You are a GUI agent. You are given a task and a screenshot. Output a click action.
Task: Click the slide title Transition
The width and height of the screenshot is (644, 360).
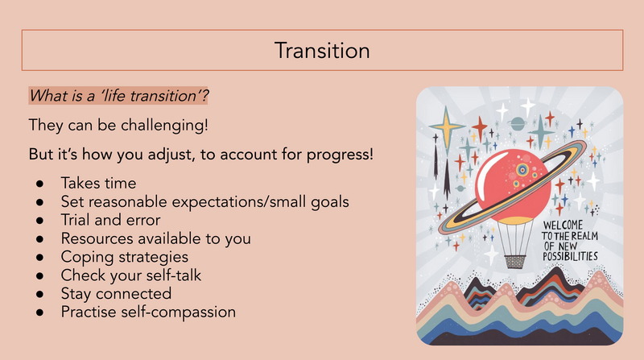(x=322, y=51)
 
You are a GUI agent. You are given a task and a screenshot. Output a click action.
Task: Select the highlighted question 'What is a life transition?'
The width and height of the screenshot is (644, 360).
(x=118, y=96)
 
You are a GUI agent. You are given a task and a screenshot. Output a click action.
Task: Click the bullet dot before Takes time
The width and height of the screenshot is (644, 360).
(x=39, y=184)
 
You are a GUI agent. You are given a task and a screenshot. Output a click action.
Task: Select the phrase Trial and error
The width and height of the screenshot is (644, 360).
(x=110, y=220)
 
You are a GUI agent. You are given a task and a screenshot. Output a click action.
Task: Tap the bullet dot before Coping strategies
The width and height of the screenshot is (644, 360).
(x=39, y=257)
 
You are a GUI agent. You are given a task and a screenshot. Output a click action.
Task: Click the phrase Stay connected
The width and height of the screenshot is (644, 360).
(x=116, y=293)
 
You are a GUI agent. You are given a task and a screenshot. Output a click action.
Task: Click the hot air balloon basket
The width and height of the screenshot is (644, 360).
(x=515, y=262)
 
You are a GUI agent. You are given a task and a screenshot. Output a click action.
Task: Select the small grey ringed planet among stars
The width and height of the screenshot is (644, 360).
(x=517, y=123)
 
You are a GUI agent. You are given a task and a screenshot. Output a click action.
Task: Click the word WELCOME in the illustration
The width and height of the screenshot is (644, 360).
(x=563, y=226)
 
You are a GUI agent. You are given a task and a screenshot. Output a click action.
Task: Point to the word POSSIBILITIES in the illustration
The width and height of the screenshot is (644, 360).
(x=570, y=256)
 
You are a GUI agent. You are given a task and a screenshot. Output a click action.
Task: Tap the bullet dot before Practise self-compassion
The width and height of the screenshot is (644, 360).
(x=39, y=312)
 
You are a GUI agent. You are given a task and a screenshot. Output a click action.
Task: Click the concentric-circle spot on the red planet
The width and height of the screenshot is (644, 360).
(x=522, y=169)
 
